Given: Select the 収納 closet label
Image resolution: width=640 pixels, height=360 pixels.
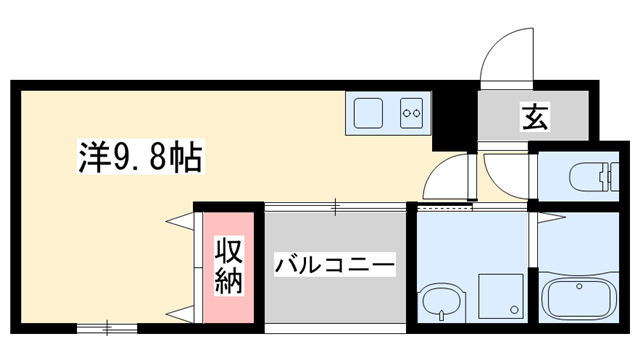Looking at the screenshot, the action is (229, 265).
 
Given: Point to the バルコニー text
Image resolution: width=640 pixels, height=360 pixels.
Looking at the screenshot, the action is (336, 266).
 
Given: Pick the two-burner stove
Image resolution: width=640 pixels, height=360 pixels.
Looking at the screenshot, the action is (411, 114).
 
